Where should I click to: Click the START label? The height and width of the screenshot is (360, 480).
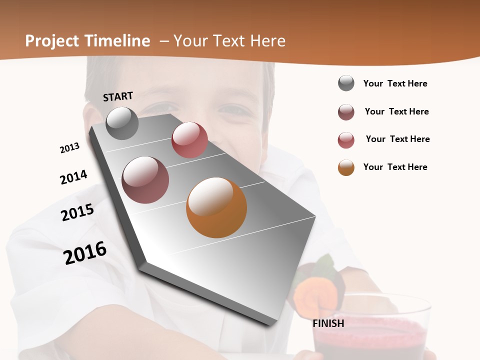118,96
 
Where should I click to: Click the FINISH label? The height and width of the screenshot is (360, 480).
328,323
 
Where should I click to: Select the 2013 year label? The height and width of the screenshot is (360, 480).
69,148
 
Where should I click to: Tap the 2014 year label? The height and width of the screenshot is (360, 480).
73,177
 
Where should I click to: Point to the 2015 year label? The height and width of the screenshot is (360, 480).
77,212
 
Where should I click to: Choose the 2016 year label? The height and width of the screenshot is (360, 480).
85,253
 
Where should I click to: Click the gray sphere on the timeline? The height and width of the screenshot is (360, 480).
122,123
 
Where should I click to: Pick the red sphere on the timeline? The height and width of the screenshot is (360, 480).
189,140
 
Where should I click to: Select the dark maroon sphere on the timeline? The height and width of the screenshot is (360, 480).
145,180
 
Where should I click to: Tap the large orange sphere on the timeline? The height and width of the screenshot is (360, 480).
216,207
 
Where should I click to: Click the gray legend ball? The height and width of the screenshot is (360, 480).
346,83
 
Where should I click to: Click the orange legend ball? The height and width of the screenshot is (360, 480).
346,167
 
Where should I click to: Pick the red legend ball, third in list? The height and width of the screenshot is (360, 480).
346,140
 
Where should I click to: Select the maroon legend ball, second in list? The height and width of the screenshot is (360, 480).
346,112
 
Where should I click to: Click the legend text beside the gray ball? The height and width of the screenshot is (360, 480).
395,83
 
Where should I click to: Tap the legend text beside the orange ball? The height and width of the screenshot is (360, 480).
395,167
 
